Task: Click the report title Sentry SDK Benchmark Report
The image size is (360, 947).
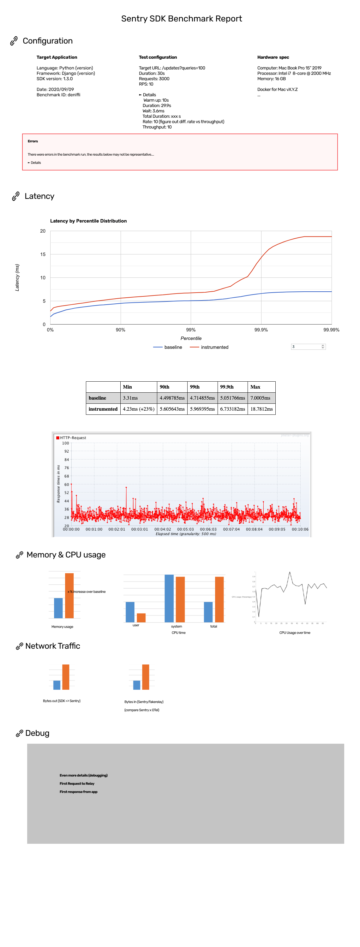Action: pyautogui.click(x=181, y=19)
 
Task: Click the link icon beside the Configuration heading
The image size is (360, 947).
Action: pyautogui.click(x=14, y=41)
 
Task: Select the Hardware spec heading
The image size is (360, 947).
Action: pyautogui.click(x=273, y=57)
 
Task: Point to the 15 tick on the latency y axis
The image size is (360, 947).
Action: pyautogui.click(x=43, y=254)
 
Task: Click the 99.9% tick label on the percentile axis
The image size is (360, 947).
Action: pyautogui.click(x=261, y=330)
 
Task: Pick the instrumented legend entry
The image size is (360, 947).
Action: pyautogui.click(x=209, y=347)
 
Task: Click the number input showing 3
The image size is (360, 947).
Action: pyautogui.click(x=308, y=347)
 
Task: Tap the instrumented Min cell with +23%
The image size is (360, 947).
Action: pyautogui.click(x=139, y=409)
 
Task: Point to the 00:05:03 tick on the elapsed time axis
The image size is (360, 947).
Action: pyautogui.click(x=185, y=529)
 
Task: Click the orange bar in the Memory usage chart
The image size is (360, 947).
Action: pyautogui.click(x=69, y=596)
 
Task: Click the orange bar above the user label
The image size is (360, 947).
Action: pyautogui.click(x=141, y=618)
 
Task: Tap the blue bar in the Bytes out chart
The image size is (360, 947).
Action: pyautogui.click(x=57, y=685)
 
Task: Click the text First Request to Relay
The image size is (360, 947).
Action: pyautogui.click(x=77, y=783)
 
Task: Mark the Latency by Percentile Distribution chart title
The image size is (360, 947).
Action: pyautogui.click(x=88, y=221)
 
